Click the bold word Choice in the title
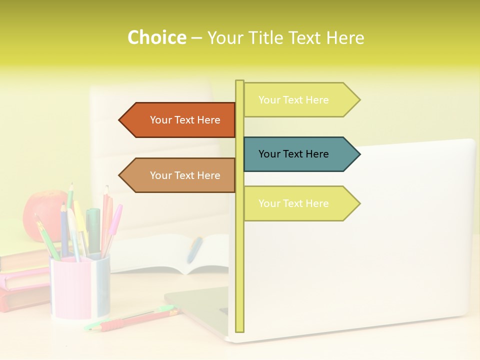click(x=156, y=37)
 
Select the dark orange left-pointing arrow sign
click(x=180, y=120)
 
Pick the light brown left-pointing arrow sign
click(x=180, y=175)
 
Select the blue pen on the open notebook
click(x=194, y=249)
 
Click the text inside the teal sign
click(x=293, y=154)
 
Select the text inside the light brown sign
click(x=185, y=175)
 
